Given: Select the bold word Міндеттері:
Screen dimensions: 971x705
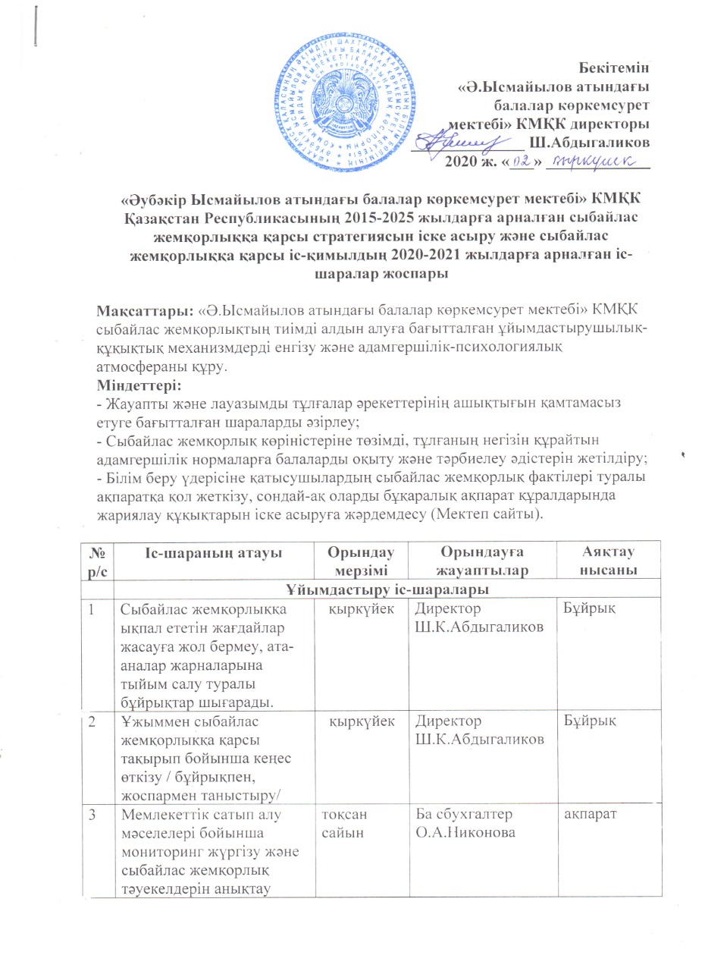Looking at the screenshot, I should pos(132,386).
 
